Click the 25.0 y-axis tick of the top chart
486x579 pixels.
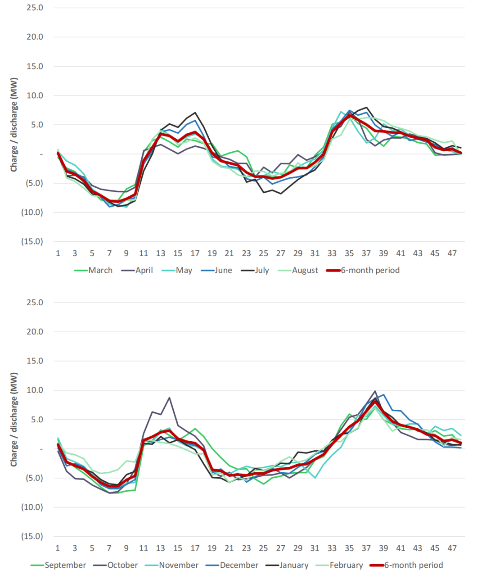(35, 8)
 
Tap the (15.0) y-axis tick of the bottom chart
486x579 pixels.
(32, 536)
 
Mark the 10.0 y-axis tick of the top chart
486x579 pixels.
(35, 95)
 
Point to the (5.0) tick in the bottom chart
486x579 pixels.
(33, 478)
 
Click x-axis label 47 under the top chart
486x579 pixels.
(452, 253)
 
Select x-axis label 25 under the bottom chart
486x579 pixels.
(263, 548)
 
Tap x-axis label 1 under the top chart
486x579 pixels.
(58, 253)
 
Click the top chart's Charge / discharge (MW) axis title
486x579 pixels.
(14, 125)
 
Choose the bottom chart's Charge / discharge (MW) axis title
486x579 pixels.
(14, 420)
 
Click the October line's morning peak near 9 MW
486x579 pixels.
(169, 398)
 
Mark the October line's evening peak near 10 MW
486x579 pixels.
(375, 391)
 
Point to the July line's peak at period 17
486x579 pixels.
(195, 113)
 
